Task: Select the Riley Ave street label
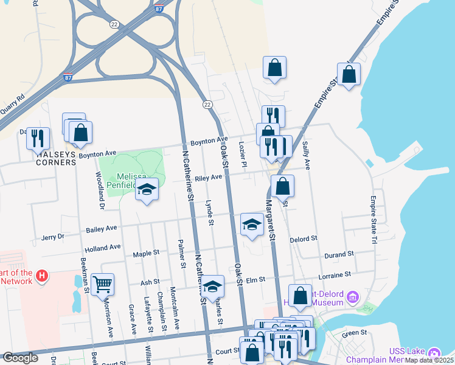[x=209, y=178]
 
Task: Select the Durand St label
[x=339, y=254]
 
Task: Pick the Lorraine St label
[x=335, y=275]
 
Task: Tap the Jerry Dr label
[x=52, y=237]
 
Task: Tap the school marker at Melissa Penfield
[x=146, y=190]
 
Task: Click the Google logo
[x=20, y=358]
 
